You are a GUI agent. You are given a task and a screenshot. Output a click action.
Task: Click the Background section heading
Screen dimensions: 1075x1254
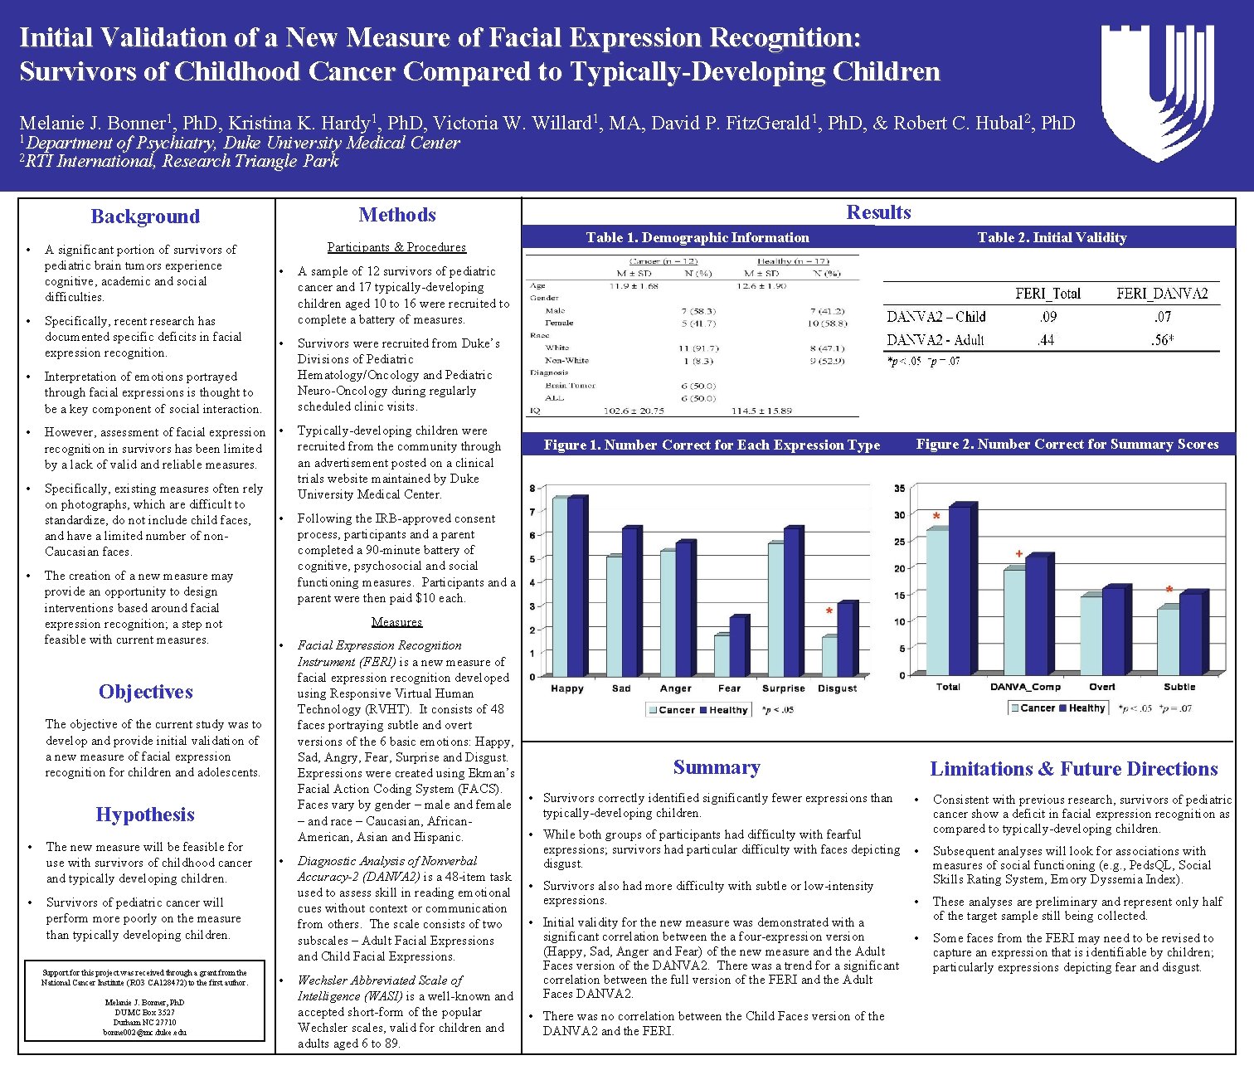click(x=145, y=216)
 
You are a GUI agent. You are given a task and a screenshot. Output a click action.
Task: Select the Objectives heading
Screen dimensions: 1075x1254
click(x=145, y=692)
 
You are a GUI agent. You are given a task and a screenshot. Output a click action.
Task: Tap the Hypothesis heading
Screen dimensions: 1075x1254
click(x=145, y=815)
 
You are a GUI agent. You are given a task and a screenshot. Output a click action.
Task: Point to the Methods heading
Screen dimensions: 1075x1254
click(x=397, y=215)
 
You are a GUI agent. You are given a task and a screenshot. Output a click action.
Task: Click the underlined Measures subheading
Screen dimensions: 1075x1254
click(x=396, y=622)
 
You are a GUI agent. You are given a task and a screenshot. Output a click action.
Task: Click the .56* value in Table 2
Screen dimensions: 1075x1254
click(x=1162, y=340)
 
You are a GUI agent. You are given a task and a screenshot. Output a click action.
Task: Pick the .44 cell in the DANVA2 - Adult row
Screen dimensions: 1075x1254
click(x=1047, y=340)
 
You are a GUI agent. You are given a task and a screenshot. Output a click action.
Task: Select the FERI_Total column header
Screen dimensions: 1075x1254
click(x=1047, y=294)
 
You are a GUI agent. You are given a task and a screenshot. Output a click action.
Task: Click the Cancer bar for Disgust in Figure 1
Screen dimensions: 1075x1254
click(x=829, y=655)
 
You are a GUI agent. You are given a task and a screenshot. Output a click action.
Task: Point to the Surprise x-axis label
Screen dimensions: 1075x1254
click(x=783, y=688)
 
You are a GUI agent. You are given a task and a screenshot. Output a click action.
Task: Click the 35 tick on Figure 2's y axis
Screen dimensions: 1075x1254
click(x=899, y=489)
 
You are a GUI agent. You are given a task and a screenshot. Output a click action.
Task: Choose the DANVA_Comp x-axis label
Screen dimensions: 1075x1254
click(x=1025, y=687)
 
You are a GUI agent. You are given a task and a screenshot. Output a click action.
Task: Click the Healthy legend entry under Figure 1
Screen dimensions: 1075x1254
click(x=724, y=710)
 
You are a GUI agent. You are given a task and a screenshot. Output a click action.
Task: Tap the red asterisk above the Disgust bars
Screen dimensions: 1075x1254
click(x=829, y=612)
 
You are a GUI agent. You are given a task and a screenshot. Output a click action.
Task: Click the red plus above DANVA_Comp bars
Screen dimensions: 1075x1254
click(x=1019, y=553)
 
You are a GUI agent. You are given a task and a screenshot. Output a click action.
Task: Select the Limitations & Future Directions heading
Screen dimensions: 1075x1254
click(x=1073, y=769)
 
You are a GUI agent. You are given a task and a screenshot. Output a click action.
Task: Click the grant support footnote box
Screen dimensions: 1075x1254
click(x=145, y=1002)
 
